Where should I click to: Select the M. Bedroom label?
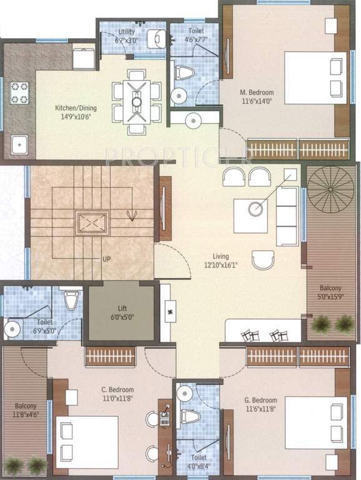pyautogui.click(x=258, y=92)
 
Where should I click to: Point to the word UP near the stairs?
pyautogui.click(x=106, y=259)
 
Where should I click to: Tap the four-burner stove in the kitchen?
pyautogui.click(x=19, y=94)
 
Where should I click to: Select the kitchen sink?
pyautogui.click(x=19, y=145)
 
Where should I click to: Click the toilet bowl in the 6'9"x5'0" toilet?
pyautogui.click(x=71, y=300)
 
